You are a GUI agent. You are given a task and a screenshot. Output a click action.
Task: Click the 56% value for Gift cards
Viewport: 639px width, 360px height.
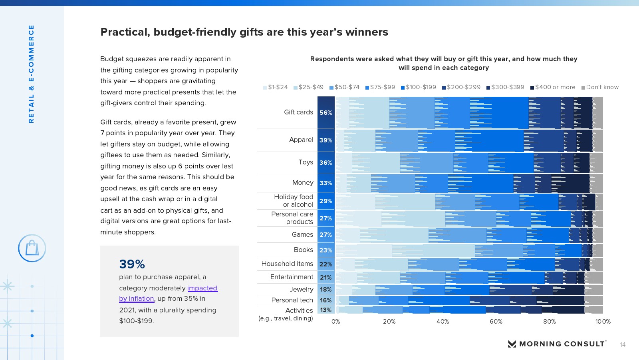tap(326, 113)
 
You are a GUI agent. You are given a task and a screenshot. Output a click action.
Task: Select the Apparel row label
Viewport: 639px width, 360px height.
tap(301, 140)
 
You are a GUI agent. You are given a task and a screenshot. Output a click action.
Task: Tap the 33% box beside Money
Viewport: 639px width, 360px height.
tap(326, 183)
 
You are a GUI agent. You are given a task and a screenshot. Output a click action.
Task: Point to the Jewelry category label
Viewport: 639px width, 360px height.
tap(301, 289)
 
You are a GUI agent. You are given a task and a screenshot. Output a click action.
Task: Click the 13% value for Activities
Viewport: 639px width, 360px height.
tap(326, 310)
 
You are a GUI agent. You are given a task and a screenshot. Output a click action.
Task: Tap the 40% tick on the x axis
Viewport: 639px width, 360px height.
tap(443, 322)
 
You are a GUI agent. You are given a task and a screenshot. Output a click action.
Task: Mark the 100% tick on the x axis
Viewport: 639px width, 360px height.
tap(603, 322)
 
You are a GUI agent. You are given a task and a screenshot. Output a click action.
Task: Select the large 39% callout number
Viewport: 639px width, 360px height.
tap(132, 264)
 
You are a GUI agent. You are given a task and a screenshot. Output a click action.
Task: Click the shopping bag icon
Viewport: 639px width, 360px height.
tap(32, 248)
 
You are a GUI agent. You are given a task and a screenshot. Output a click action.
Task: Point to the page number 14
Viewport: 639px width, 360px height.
tap(623, 345)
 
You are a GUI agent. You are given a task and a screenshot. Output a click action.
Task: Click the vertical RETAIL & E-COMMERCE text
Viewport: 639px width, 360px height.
tap(31, 74)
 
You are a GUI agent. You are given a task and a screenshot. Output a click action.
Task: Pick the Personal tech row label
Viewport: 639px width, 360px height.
tap(292, 300)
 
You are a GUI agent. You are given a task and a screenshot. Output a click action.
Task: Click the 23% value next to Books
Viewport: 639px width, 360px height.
tap(326, 250)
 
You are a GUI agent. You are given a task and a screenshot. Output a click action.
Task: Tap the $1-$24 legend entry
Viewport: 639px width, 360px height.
tap(276, 87)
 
